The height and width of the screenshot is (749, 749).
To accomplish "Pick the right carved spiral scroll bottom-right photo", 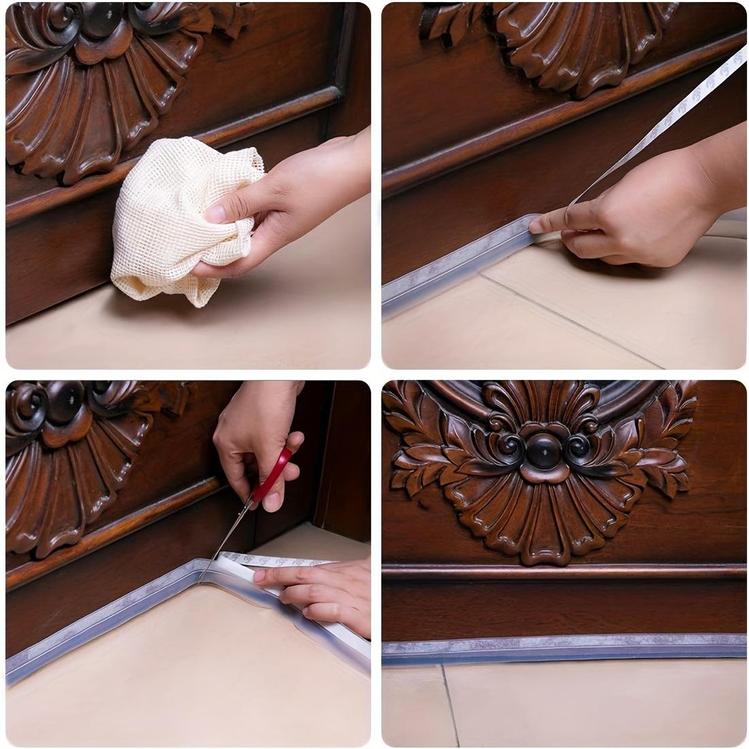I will coord(578,446).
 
